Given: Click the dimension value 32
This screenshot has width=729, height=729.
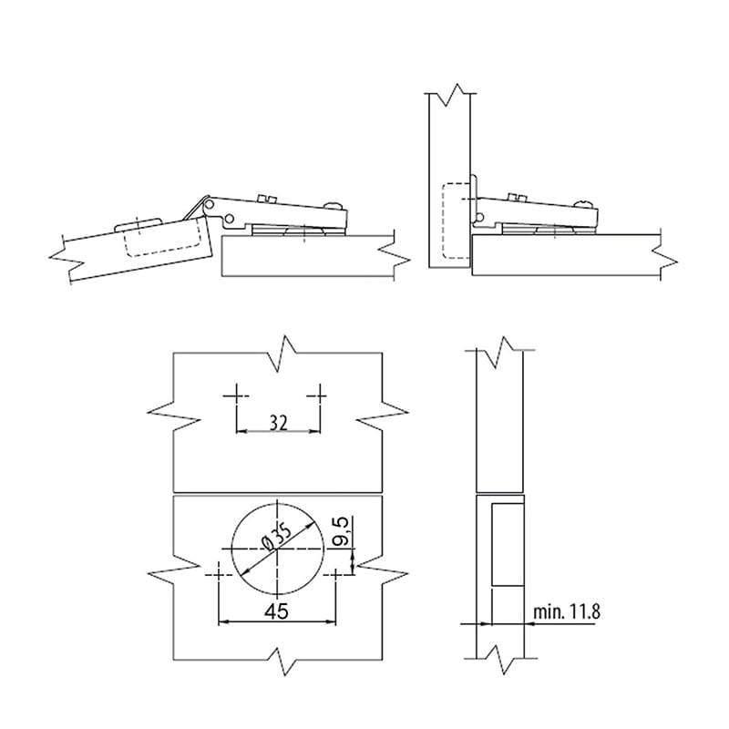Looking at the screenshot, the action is (279, 423).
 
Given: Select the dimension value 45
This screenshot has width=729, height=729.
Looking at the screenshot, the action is (277, 611).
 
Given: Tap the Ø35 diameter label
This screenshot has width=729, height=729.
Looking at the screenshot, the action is (276, 537).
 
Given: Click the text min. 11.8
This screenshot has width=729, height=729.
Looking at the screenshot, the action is (566, 611).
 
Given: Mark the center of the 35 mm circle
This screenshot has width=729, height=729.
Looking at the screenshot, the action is (277, 549).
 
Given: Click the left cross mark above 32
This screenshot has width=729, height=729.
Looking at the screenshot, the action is (236, 396).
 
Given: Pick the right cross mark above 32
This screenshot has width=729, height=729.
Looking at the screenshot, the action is (320, 396).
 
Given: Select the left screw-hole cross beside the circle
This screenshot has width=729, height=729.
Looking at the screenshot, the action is (219, 575).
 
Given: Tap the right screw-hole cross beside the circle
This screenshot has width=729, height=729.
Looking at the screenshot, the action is (335, 575).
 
